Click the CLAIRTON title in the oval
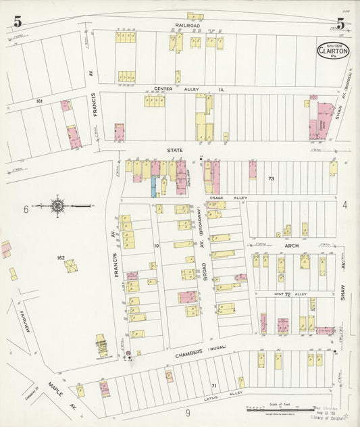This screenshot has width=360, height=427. point(334,52)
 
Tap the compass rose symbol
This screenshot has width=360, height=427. point(58,205)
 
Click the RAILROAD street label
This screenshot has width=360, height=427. point(188,25)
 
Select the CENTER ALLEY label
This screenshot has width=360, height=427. point(172,89)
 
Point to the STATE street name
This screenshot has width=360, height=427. point(176,150)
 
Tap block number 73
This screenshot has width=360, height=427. point(272,179)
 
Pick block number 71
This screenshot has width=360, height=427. point(214,385)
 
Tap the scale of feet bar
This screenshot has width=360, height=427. point(269,409)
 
